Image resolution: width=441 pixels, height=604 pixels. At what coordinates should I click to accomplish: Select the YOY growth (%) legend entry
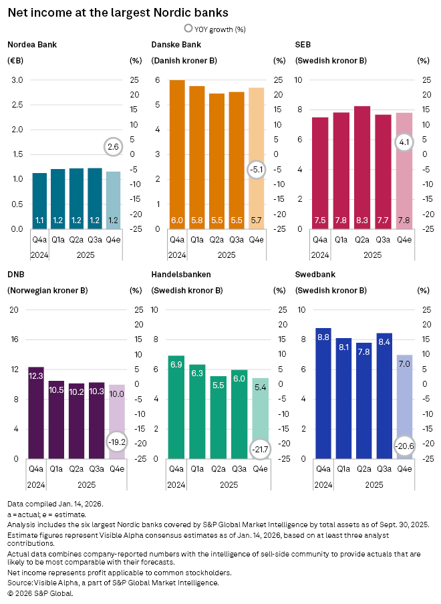214,29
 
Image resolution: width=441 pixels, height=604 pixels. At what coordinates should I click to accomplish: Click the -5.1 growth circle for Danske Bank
257,170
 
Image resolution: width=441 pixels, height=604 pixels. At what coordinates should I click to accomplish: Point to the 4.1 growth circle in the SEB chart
404,142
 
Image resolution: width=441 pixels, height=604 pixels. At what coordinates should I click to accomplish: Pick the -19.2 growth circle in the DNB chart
116,442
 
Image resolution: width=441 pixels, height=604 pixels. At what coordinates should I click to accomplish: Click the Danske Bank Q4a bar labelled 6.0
177,154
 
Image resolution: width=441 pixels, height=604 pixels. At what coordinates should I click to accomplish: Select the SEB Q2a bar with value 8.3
362,167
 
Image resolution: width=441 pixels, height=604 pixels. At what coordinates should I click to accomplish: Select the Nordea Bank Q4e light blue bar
114,200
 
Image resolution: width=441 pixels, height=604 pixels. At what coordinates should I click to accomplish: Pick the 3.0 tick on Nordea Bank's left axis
17,80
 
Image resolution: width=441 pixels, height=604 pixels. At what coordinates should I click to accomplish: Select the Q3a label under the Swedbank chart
384,469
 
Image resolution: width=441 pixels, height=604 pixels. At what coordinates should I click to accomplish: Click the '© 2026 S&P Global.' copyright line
40,593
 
